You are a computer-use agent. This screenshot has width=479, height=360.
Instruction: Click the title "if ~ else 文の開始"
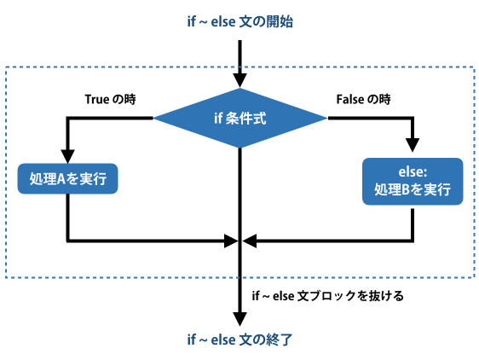pyautogui.click(x=240, y=22)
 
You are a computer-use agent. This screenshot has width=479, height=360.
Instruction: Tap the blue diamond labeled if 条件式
pyautogui.click(x=240, y=118)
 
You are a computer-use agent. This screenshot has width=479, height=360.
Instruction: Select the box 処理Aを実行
pyautogui.click(x=67, y=178)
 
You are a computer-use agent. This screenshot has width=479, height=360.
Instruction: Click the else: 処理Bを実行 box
pyautogui.click(x=413, y=182)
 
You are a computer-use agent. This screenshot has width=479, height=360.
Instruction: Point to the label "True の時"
pyautogui.click(x=110, y=99)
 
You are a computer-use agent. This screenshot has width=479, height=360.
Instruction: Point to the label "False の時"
pyautogui.click(x=364, y=99)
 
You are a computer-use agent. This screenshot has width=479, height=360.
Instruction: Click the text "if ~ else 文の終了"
pyautogui.click(x=240, y=340)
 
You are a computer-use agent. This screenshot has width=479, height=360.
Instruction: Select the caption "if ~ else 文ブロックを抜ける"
pyautogui.click(x=328, y=296)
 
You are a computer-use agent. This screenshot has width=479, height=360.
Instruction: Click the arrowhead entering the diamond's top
pyautogui.click(x=240, y=81)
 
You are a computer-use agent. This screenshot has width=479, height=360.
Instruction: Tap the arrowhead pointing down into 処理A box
pyautogui.click(x=67, y=156)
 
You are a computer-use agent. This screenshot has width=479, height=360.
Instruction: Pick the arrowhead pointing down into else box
pyautogui.click(x=413, y=145)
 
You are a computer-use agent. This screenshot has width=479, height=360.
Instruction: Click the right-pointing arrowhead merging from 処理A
pyautogui.click(x=231, y=241)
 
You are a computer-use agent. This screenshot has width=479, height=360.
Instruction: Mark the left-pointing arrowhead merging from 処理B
pyautogui.click(x=249, y=241)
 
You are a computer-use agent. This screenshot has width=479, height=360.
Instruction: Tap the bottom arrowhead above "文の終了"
pyautogui.click(x=240, y=319)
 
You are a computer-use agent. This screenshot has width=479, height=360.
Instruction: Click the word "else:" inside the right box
pyautogui.click(x=413, y=171)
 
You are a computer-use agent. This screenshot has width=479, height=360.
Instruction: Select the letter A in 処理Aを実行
pyautogui.click(x=61, y=179)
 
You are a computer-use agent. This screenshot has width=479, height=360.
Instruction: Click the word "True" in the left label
pyautogui.click(x=97, y=99)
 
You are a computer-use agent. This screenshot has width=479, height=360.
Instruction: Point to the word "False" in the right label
pyautogui.click(x=350, y=99)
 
